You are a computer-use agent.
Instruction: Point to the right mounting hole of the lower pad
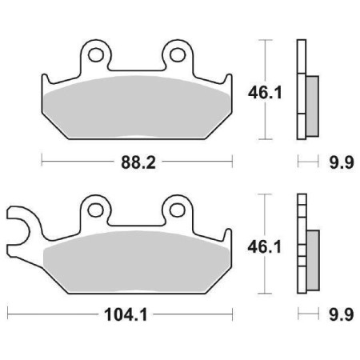[176, 211]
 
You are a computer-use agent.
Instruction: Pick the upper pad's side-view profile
[302, 88]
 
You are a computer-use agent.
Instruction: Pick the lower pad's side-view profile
[302, 243]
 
